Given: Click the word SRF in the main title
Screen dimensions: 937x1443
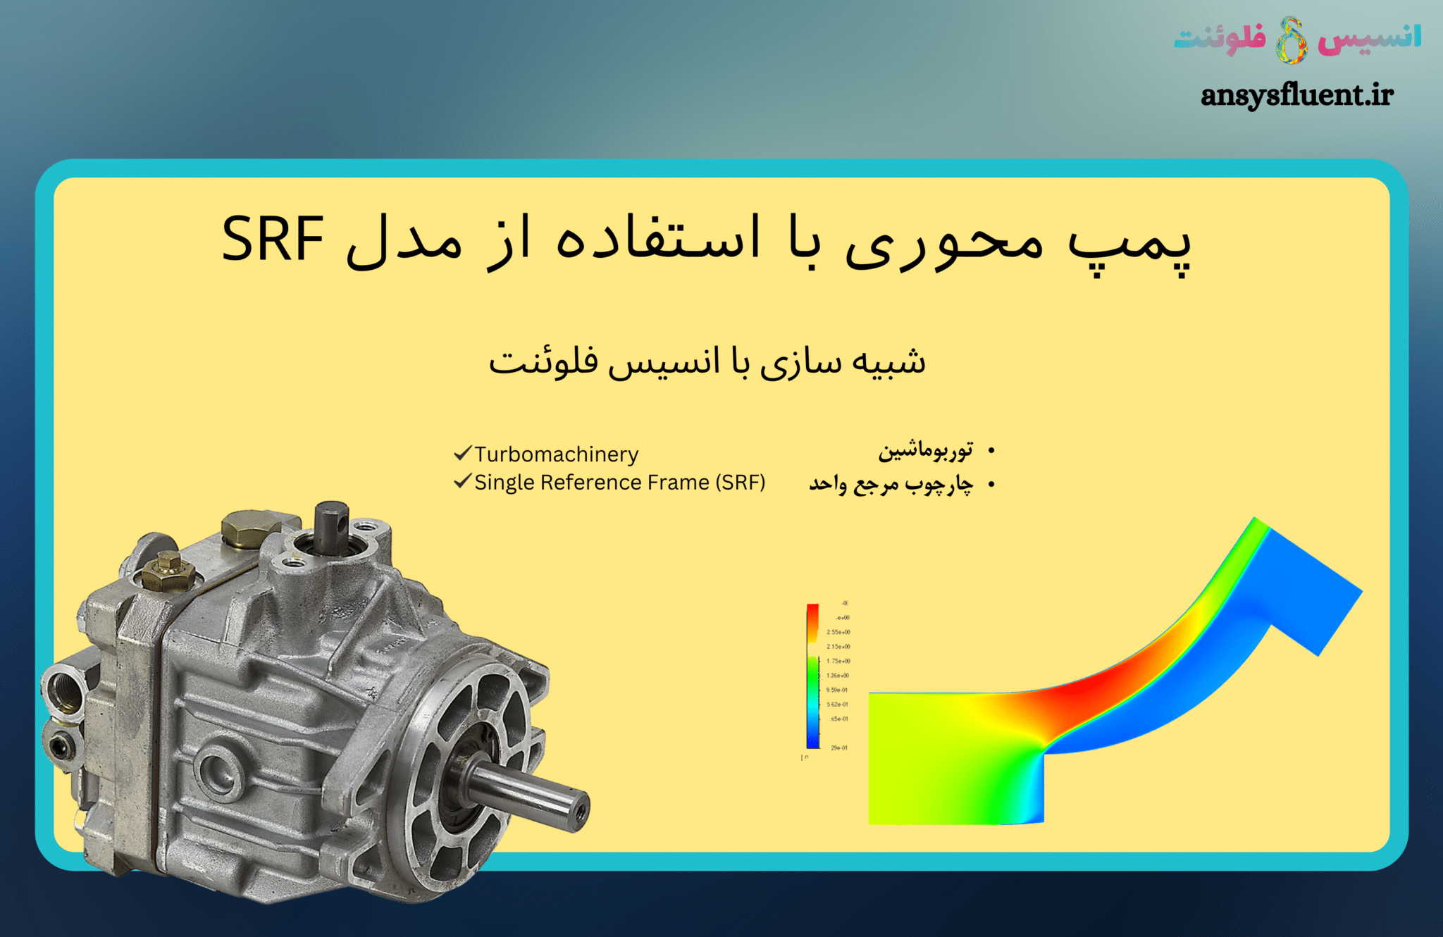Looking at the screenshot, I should [273, 240].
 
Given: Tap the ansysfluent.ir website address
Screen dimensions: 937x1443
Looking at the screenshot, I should [1296, 95].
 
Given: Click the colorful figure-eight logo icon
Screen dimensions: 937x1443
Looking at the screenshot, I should [1292, 39].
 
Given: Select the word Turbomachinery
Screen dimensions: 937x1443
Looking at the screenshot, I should [556, 454].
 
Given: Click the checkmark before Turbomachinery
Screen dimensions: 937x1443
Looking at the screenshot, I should [462, 453].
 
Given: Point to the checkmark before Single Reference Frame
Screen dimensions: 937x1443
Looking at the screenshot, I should [462, 481].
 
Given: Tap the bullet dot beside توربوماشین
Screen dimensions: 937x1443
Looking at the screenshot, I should [991, 450].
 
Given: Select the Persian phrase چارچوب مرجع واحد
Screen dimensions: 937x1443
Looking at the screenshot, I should [891, 484].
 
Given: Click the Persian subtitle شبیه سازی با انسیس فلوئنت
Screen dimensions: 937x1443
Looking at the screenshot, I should [707, 362].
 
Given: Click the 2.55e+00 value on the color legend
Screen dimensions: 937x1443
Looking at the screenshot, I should [838, 632].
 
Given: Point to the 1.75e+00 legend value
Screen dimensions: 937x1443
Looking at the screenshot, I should [838, 661].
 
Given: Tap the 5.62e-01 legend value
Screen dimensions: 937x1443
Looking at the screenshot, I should [837, 705].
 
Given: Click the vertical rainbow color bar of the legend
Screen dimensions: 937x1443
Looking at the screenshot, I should [812, 675].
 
